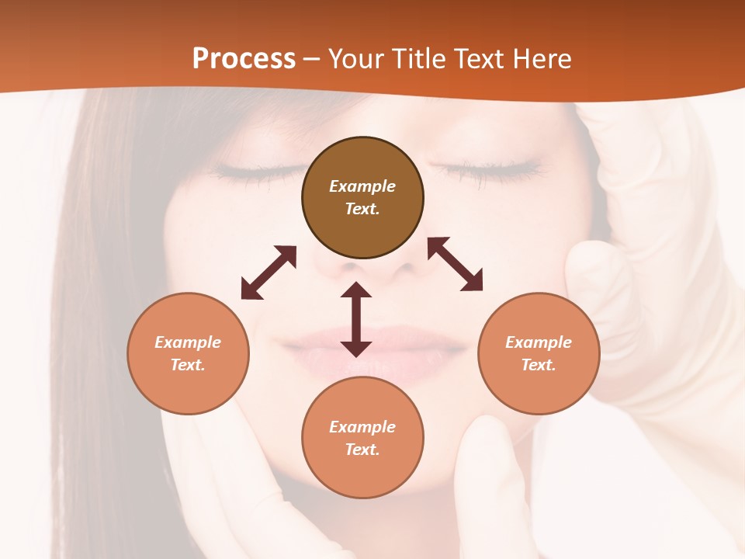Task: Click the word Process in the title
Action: coord(244,59)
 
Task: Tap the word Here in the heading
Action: coord(542,59)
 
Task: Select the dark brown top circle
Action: coord(362,198)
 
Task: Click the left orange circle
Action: coord(188,353)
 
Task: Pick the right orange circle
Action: coord(538,353)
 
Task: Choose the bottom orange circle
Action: coord(362,437)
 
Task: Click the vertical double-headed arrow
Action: coord(356,319)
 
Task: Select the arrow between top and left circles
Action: coord(269,273)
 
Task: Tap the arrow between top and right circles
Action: coord(456,264)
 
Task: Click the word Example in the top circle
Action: coord(362,186)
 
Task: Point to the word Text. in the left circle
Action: coord(188,365)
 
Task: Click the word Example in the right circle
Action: coord(538,342)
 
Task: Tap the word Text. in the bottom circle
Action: coord(362,450)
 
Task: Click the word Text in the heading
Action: coord(480,59)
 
